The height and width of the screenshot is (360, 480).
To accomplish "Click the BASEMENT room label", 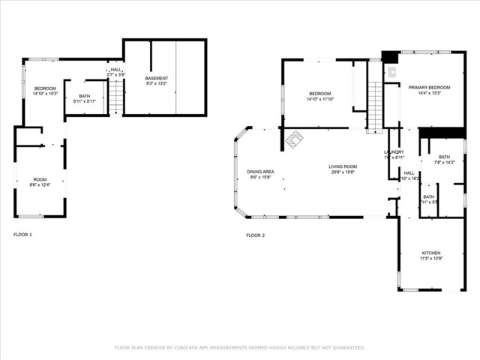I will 157,78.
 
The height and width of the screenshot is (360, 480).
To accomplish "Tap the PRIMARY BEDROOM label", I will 424,87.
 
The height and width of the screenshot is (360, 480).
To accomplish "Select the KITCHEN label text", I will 430,253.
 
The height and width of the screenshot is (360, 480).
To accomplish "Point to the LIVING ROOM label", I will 342,166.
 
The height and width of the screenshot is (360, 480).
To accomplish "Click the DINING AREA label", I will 260,172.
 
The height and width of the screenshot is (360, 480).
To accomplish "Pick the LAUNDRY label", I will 394,152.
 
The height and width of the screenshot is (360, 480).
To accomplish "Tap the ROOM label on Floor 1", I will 39,179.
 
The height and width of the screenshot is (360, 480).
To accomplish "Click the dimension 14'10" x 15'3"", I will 45,94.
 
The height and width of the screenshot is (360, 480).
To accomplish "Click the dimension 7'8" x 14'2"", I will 445,162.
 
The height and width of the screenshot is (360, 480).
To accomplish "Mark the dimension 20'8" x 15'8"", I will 342,172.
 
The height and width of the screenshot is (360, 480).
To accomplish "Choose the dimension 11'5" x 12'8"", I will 430,259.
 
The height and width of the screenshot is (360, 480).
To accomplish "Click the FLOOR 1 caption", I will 22,235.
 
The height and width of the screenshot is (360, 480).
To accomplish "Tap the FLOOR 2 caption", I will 255,235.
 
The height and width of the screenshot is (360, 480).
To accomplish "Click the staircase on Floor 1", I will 116,97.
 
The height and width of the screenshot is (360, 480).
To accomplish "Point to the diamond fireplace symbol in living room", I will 295,139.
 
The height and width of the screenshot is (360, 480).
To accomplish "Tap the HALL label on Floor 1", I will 115,70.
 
